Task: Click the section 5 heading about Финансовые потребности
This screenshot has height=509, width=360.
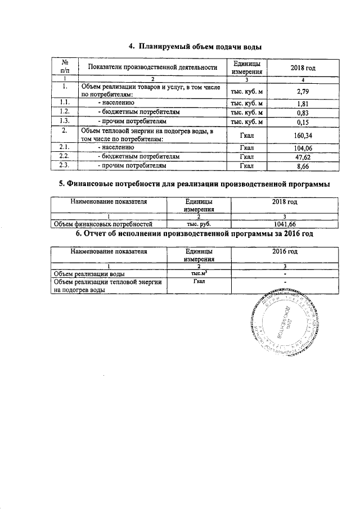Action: [194, 184]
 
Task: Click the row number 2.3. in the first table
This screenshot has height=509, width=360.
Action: [64, 166]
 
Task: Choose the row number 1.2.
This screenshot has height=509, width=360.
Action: [64, 112]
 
